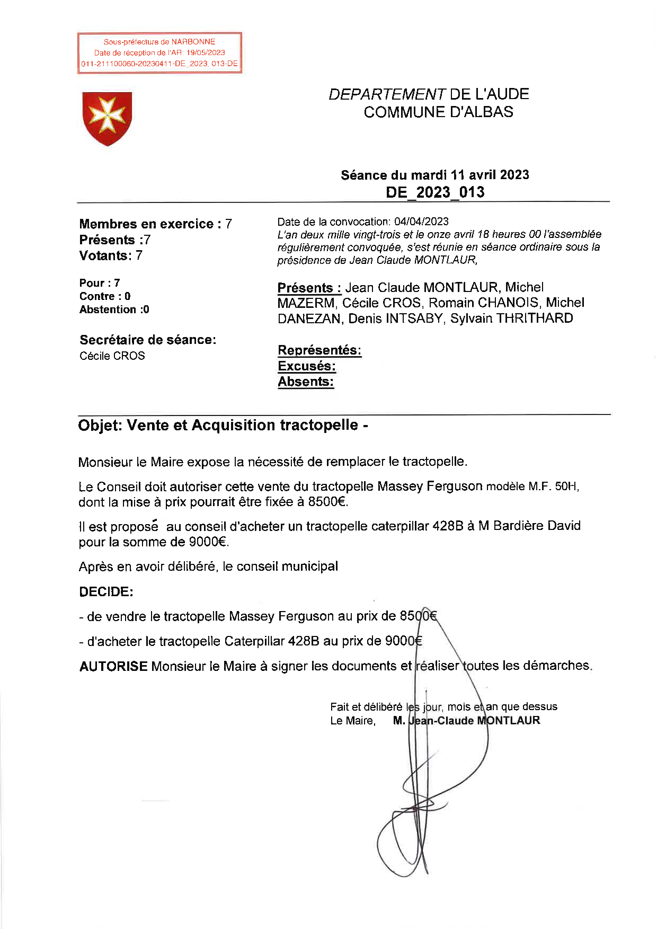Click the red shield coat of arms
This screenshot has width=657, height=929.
[107, 118]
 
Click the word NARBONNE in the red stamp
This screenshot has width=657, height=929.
[193, 42]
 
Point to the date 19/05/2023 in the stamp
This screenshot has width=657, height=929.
[206, 53]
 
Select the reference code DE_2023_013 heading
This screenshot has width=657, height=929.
[434, 192]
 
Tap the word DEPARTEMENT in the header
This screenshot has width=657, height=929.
[387, 94]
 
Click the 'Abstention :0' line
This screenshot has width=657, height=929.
[114, 309]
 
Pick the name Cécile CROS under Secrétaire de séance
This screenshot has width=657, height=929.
[112, 356]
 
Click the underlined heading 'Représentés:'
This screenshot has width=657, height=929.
[319, 350]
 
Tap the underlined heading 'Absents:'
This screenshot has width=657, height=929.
[306, 382]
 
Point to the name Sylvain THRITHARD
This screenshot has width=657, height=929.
[511, 318]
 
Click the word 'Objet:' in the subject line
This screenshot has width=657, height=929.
[100, 426]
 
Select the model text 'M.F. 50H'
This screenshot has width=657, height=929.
[553, 486]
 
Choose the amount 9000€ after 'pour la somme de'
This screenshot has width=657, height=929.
[208, 542]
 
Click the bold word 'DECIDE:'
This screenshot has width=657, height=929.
[106, 592]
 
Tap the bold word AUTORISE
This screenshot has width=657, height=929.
[113, 666]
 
